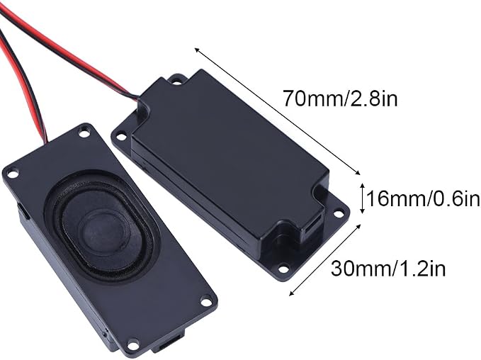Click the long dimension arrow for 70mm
click(x=277, y=111)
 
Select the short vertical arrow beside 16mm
click(x=362, y=198)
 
